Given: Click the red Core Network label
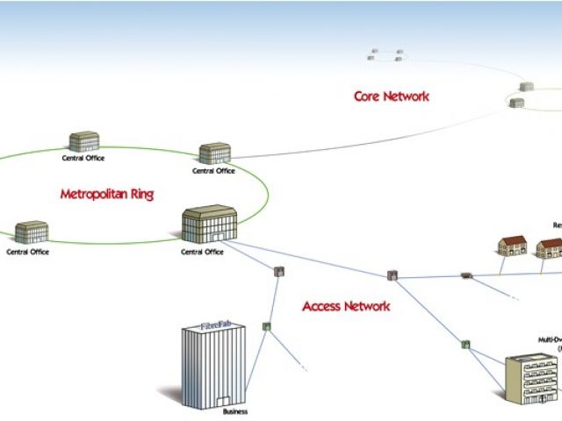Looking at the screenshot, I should (391, 96).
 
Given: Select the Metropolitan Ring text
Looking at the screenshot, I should (106, 194).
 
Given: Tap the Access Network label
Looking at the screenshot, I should (346, 306).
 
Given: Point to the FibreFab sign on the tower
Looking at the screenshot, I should (210, 326).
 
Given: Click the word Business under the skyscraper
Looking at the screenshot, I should (234, 411).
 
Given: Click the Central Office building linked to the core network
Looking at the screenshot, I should (214, 153).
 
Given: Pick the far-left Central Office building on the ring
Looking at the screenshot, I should (31, 232).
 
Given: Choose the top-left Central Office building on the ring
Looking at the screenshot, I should (83, 142).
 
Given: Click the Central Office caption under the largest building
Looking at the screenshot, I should (202, 253).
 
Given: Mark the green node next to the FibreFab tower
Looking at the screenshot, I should (266, 326).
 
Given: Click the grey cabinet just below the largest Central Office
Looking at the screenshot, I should (279, 272).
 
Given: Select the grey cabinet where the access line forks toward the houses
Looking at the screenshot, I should (393, 275).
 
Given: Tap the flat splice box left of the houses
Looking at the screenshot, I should (465, 276).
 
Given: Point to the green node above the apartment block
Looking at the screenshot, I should (465, 344).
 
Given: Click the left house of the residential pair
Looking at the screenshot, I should (512, 245).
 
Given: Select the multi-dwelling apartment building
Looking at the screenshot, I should (532, 378).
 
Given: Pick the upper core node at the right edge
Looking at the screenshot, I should (526, 87).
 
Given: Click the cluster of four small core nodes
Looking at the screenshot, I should (385, 55).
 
